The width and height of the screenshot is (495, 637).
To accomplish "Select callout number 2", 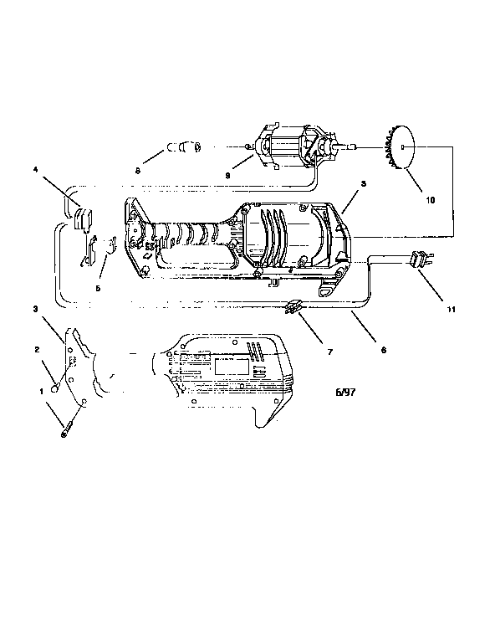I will click(37, 349).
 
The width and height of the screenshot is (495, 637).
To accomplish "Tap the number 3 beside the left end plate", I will click(37, 309).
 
